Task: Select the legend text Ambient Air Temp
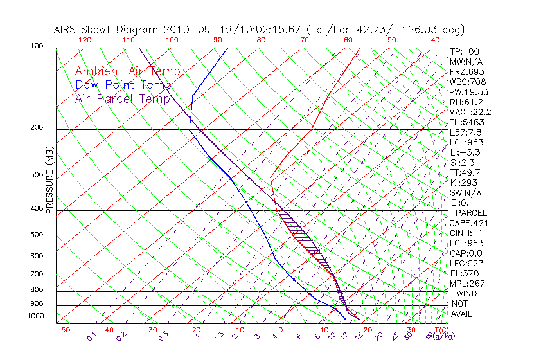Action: tap(128, 72)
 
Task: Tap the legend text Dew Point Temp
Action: tap(123, 85)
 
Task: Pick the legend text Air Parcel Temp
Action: tap(123, 99)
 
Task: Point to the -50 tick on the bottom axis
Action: tap(62, 330)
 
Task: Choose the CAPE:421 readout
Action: tap(468, 223)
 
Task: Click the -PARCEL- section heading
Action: tap(471, 213)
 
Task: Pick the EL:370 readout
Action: tap(464, 273)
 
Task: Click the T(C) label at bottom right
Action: tap(442, 330)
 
